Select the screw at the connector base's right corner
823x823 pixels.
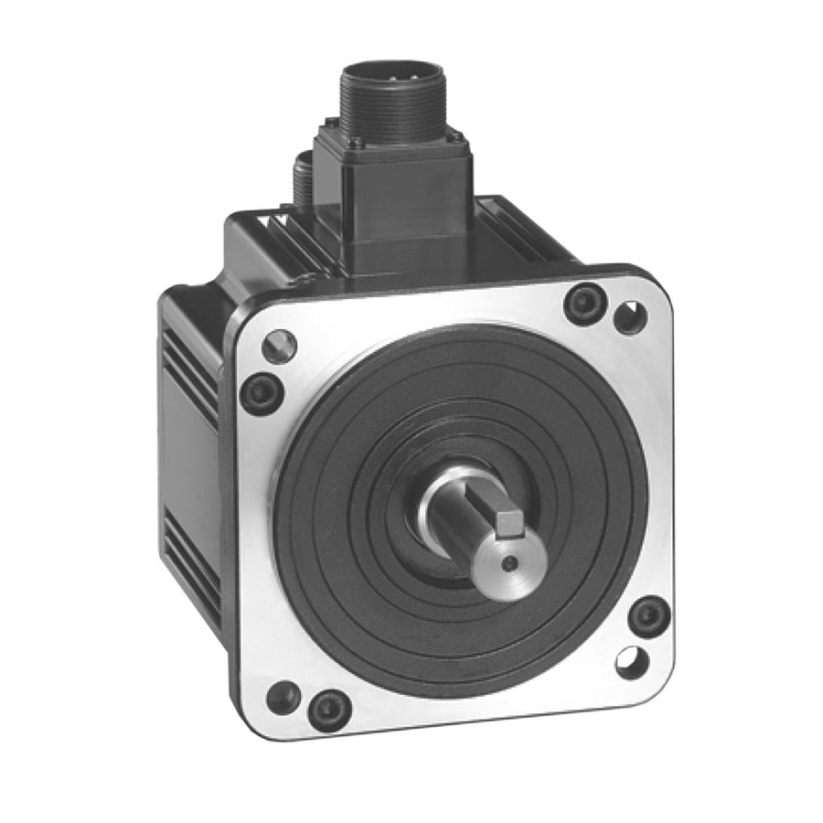pyautogui.click(x=458, y=137)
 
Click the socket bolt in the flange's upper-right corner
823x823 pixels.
pyautogui.click(x=585, y=303)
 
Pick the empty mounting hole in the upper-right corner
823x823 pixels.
pyautogui.click(x=630, y=317)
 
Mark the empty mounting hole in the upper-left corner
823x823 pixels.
pyautogui.click(x=279, y=346)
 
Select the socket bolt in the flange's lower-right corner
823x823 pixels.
pyautogui.click(x=649, y=615)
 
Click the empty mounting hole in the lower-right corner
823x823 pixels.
pyautogui.click(x=632, y=662)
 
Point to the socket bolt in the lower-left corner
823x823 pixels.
pyautogui.click(x=328, y=709)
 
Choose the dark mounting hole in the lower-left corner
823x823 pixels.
pyautogui.click(x=283, y=697)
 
